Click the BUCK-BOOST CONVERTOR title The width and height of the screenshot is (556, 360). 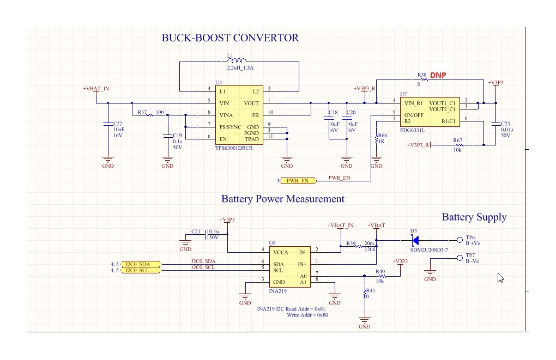[230, 38]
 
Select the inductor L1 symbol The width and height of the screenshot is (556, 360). [238, 61]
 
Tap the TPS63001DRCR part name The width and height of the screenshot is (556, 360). [234, 148]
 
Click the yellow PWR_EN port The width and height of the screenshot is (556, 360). [298, 180]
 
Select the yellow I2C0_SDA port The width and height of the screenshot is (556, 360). [141, 264]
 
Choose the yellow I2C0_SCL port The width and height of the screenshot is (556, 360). [141, 271]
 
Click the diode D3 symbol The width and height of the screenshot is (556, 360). [415, 239]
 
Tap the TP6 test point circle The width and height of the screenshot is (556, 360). [459, 239]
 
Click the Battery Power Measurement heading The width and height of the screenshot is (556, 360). [282, 199]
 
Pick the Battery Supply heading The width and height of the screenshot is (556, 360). [474, 217]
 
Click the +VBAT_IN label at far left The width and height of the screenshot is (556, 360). [96, 89]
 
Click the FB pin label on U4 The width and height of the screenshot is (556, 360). [255, 115]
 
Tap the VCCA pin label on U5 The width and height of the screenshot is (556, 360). [281, 253]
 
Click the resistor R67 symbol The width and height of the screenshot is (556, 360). [457, 145]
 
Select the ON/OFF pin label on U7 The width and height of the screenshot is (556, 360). [413, 115]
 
